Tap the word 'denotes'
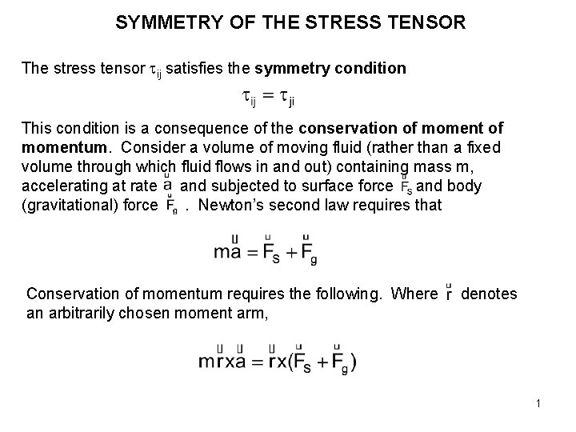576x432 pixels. [x=490, y=294]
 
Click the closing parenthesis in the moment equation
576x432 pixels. [x=352, y=362]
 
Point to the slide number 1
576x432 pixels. [x=539, y=404]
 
